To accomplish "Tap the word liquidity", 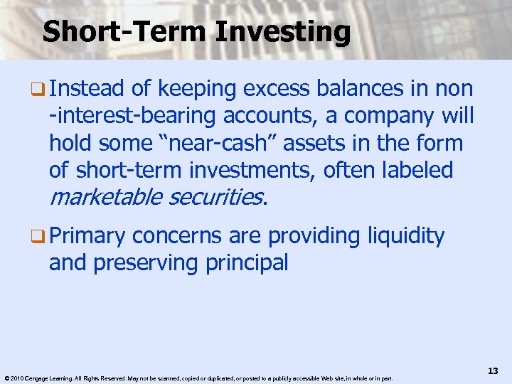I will tap(406, 235).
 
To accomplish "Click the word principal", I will tap(247, 262).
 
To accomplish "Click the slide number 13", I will tap(492, 371).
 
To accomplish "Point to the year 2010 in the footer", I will tap(17, 378).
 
